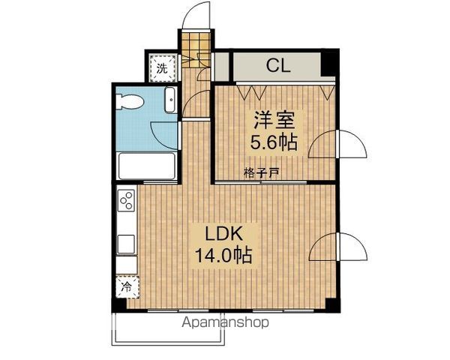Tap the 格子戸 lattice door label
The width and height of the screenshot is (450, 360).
pos(262,172)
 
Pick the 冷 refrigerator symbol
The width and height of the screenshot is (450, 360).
pos(127,287)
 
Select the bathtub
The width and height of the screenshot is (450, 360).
pos(147,164)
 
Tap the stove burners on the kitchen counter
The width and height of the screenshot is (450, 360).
pos(127,200)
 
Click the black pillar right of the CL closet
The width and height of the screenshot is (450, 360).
pos(328,64)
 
